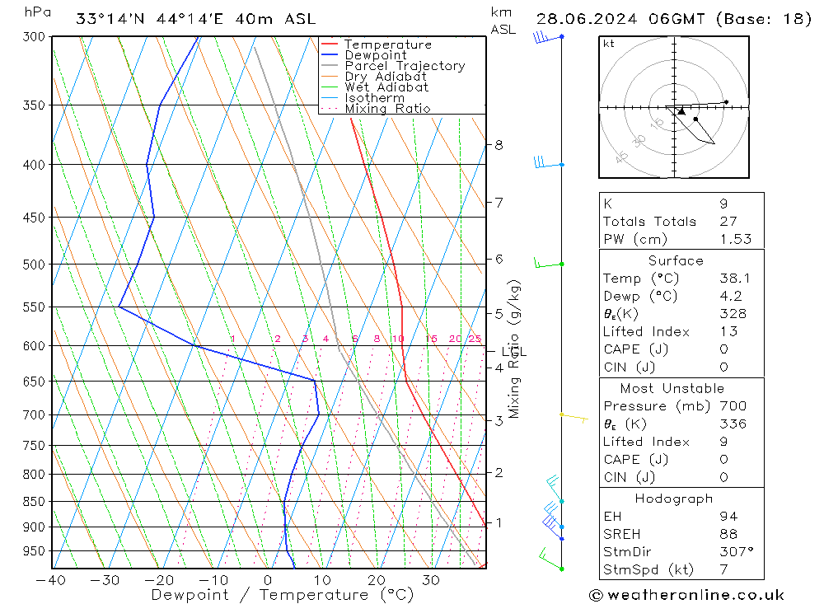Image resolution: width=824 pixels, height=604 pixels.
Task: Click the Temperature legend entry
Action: tap(387, 44)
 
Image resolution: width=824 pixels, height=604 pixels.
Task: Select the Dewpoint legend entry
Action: tap(375, 55)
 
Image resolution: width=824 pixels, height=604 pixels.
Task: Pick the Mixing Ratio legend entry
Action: tap(387, 108)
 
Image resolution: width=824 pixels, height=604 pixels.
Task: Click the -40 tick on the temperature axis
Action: tap(51, 580)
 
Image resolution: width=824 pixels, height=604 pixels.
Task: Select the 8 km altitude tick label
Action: tap(499, 145)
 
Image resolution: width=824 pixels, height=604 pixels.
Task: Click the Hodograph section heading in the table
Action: tap(674, 499)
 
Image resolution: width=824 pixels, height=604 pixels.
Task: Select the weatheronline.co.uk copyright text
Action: tap(686, 595)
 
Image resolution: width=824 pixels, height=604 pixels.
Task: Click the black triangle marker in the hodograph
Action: tap(681, 110)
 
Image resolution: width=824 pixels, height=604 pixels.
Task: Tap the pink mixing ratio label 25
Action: tap(475, 339)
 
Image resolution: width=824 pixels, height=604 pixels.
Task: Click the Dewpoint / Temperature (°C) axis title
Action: tap(282, 595)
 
